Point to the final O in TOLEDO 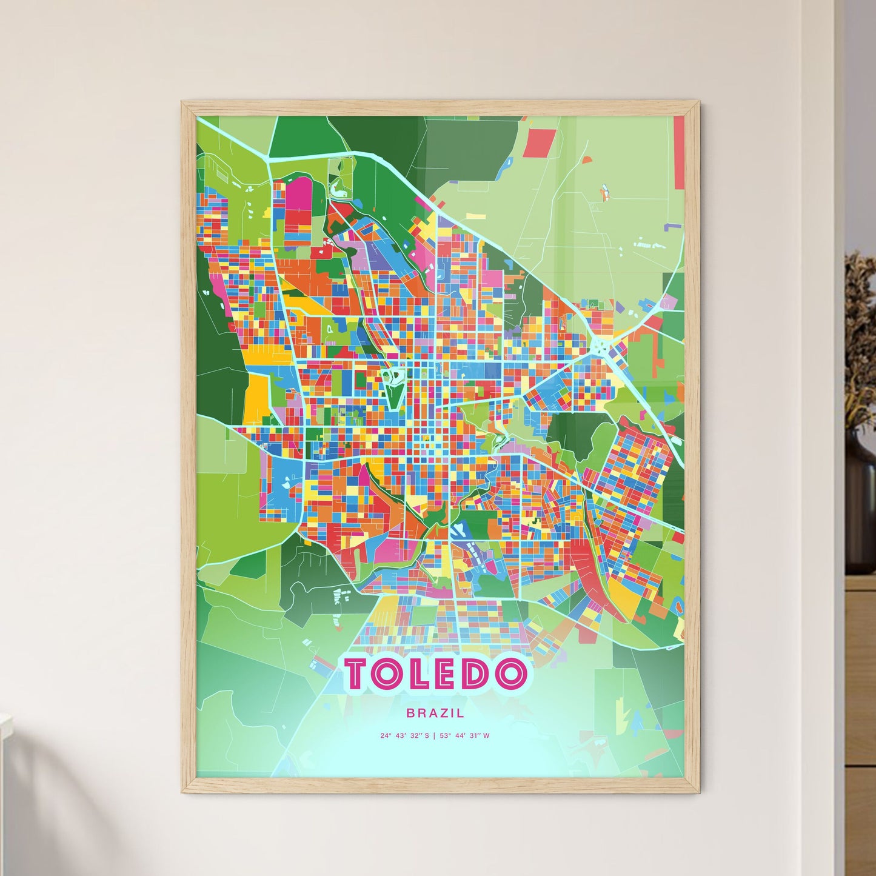(510, 674)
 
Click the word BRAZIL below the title (435, 714)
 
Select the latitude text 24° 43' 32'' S (404, 736)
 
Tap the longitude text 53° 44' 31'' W (466, 736)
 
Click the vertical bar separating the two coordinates (435, 736)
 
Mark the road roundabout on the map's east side (600, 347)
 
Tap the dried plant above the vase (860, 339)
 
